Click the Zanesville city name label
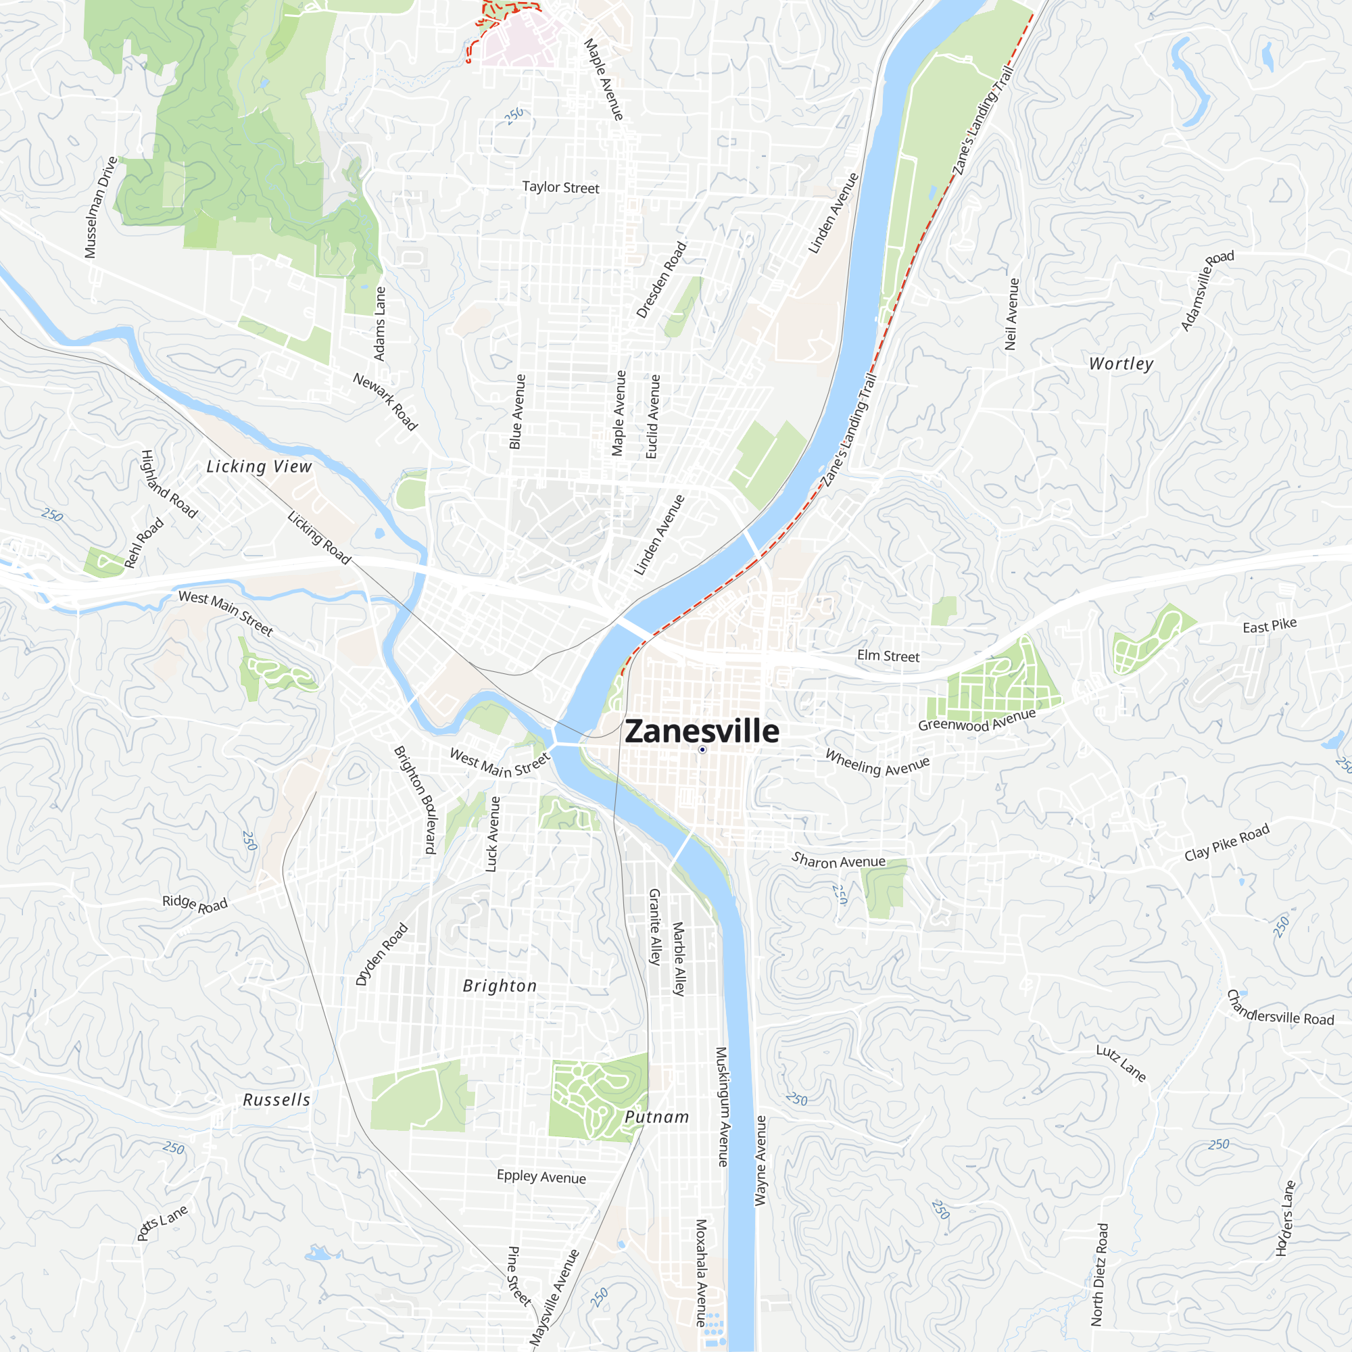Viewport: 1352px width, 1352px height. [x=701, y=731]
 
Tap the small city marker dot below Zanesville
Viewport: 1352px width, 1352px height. [x=702, y=750]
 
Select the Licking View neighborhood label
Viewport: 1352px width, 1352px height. [x=259, y=466]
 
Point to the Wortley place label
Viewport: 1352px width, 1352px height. [x=1121, y=364]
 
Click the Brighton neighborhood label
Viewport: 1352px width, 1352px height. [x=500, y=986]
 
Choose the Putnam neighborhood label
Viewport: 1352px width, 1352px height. [x=656, y=1117]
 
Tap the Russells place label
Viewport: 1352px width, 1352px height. [x=276, y=1100]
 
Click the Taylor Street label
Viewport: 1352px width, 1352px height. [x=560, y=187]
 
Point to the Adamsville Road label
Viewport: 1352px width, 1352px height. [x=1207, y=290]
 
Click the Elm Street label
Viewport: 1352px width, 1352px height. [x=888, y=656]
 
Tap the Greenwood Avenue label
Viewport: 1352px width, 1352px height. [x=976, y=720]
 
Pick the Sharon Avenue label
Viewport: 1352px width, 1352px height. [x=838, y=861]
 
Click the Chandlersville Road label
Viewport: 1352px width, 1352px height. [x=1280, y=1009]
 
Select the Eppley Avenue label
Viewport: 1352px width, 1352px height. [x=541, y=1176]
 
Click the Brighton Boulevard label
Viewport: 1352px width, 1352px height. [x=415, y=799]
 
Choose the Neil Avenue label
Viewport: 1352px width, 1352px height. [x=1011, y=314]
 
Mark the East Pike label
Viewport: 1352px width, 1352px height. [x=1270, y=625]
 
